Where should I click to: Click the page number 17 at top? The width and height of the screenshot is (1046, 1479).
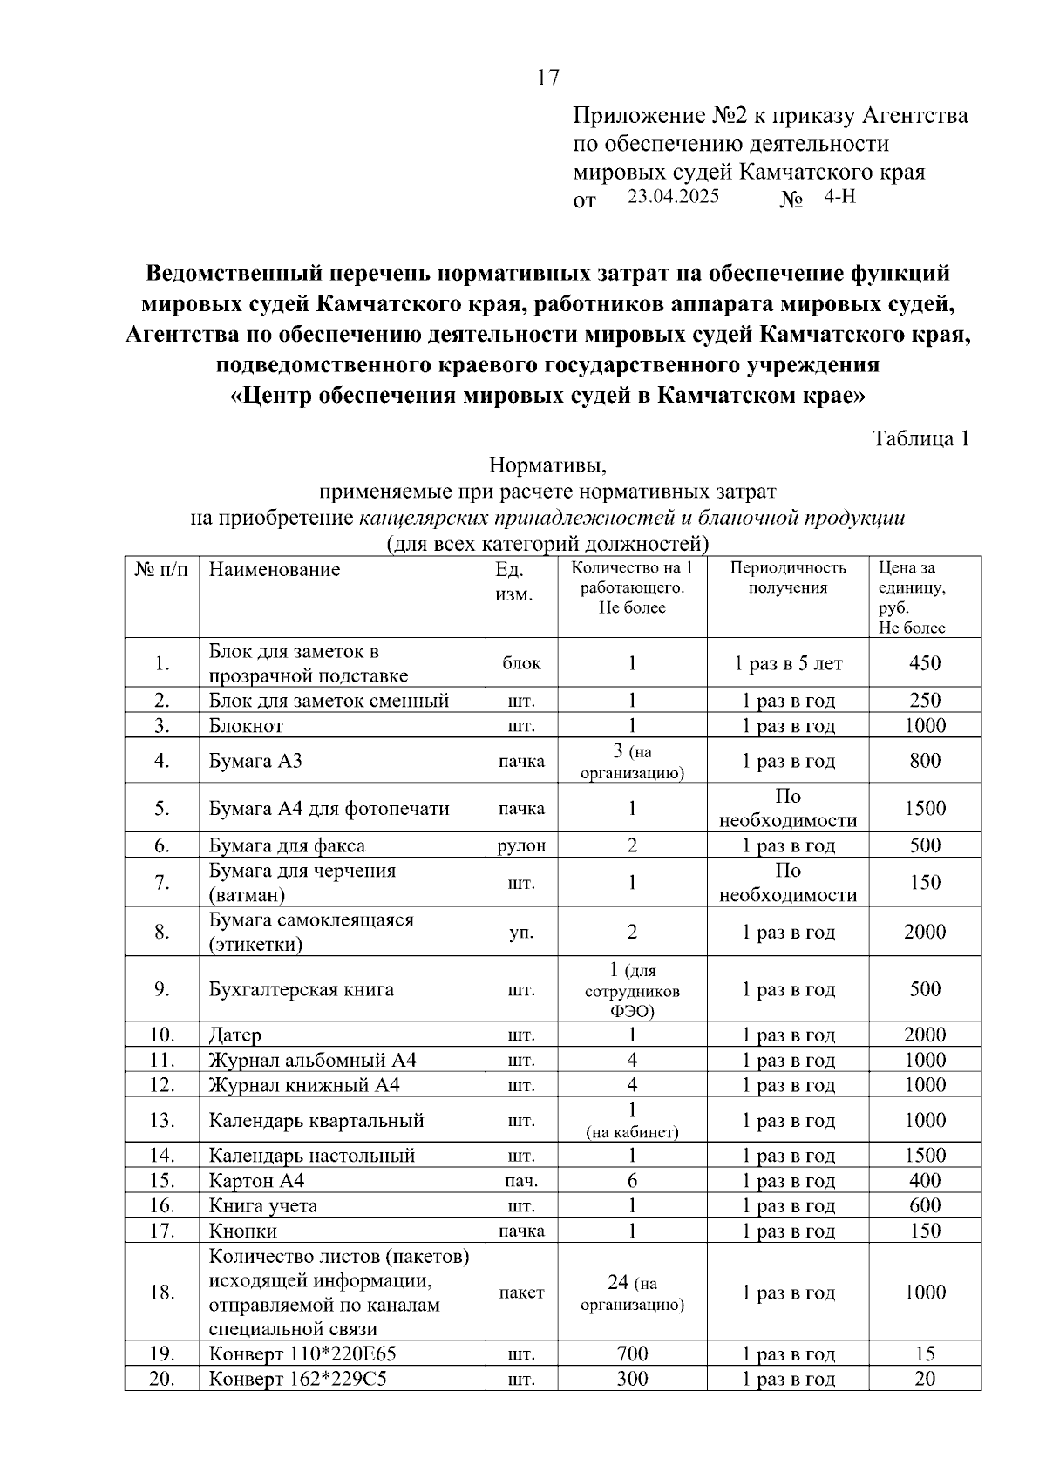click(547, 78)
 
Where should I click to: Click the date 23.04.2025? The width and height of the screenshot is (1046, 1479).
click(673, 196)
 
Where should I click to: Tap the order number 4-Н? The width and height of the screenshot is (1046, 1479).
click(839, 196)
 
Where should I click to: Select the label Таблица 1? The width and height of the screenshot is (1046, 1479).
click(921, 438)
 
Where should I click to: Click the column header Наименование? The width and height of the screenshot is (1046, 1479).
click(275, 570)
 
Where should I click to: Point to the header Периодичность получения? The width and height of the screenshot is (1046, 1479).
click(787, 578)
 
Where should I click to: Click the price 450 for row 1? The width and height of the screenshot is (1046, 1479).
click(924, 663)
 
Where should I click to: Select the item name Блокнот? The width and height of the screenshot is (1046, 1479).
click(246, 726)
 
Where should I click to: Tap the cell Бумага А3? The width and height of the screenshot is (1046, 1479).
click(255, 761)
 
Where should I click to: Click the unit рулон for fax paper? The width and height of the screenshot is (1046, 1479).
click(520, 845)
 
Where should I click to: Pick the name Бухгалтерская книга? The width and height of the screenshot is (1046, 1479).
click(301, 989)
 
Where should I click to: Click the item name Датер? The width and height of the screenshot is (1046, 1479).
click(234, 1035)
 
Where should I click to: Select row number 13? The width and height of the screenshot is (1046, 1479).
click(162, 1120)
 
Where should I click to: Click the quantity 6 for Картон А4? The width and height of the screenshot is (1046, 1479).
click(632, 1181)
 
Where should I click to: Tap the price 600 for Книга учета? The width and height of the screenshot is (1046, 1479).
click(924, 1205)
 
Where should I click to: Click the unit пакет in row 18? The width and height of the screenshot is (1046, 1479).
click(520, 1292)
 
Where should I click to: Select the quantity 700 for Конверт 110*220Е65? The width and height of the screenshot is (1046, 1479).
click(632, 1353)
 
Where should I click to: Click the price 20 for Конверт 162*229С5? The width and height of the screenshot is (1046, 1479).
click(924, 1379)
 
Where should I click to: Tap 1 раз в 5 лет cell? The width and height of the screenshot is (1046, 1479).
click(787, 663)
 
